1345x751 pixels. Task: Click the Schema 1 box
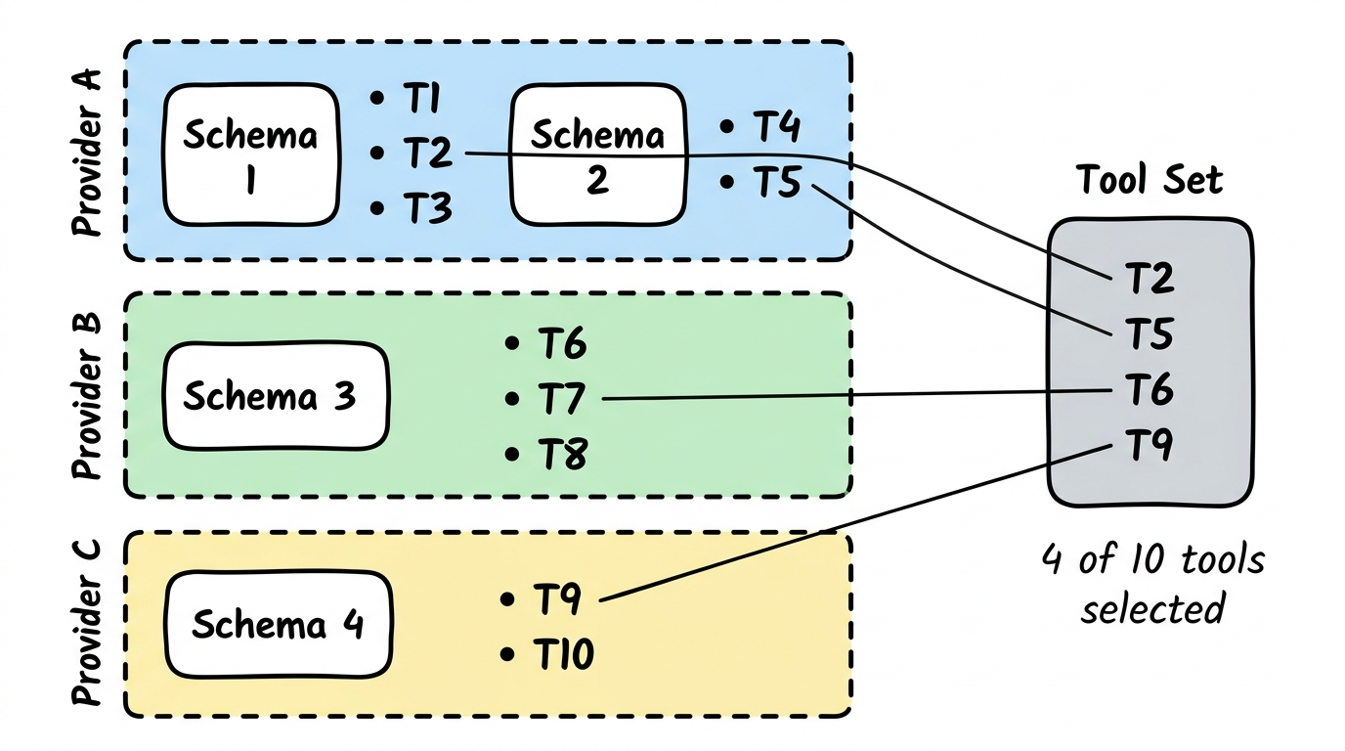point(250,155)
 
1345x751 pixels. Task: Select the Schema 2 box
point(597,155)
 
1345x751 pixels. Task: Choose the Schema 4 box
point(279,624)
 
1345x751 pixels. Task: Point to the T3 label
point(427,208)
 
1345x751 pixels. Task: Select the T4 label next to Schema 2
point(776,127)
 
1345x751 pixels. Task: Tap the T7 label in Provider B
point(561,398)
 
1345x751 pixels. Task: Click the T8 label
point(561,454)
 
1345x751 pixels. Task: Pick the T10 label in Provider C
point(564,654)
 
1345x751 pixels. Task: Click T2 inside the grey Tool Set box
point(1150,279)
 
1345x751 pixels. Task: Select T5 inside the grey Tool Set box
point(1150,334)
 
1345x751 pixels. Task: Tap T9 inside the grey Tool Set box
point(1150,447)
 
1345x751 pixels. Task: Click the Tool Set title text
point(1150,181)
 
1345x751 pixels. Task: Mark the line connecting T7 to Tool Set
point(850,394)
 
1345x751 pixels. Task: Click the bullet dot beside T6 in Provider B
point(510,343)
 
